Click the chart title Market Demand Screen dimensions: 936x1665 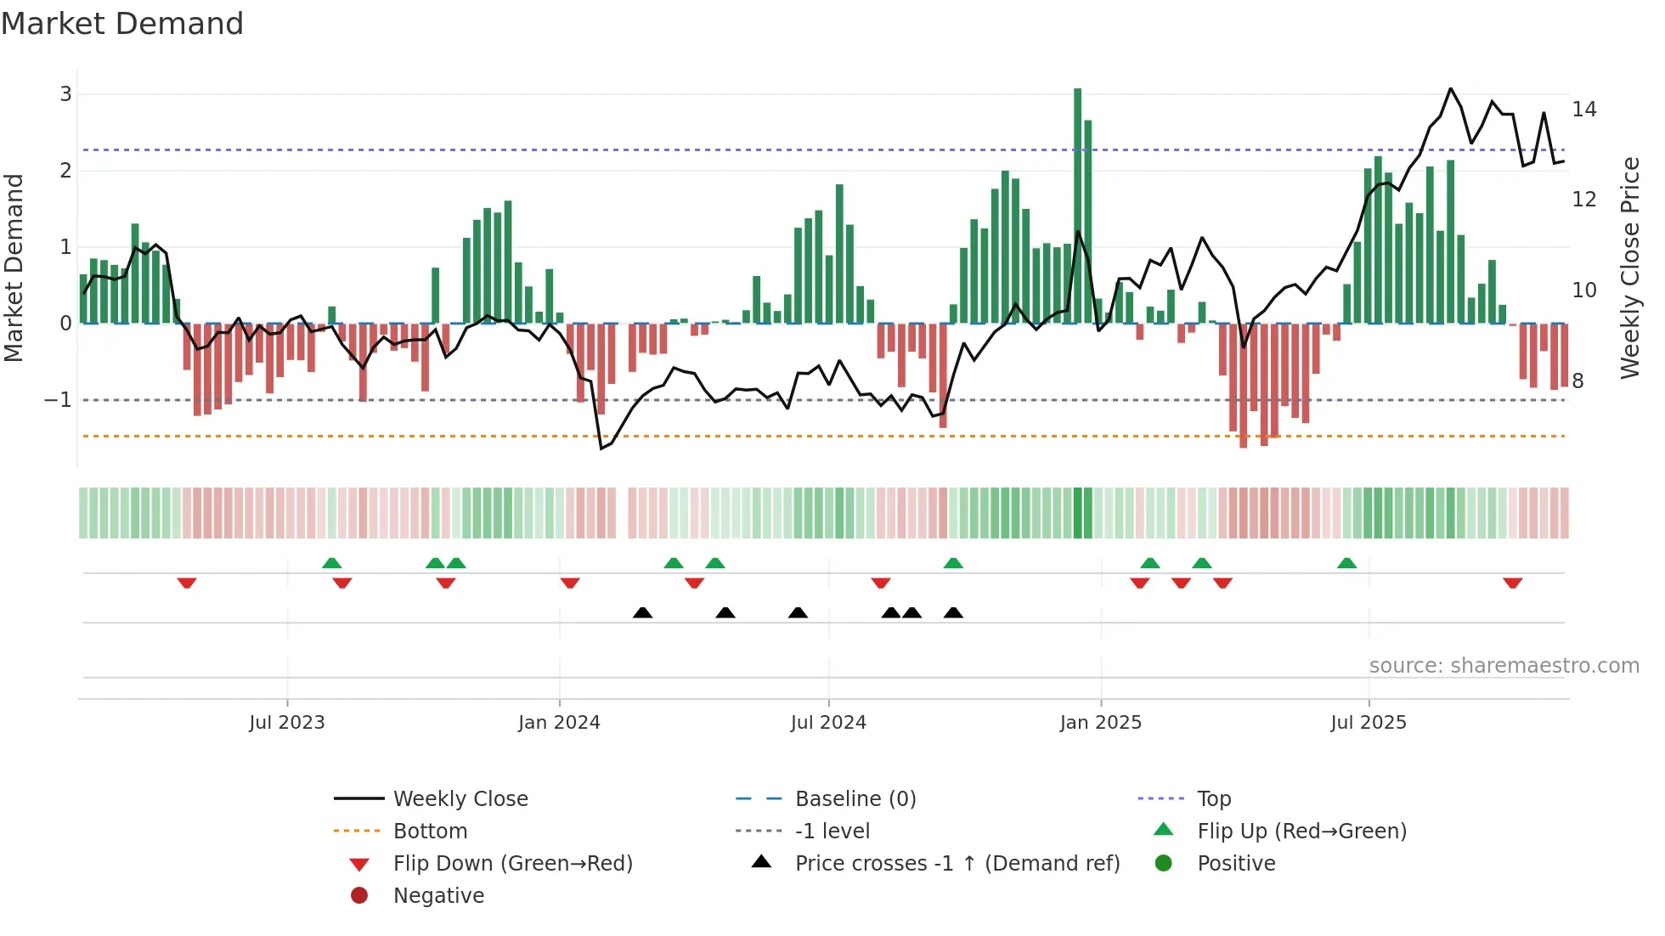pyautogui.click(x=122, y=24)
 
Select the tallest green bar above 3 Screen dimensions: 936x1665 pyautogui.click(x=1077, y=204)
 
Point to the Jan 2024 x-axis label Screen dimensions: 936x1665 pyautogui.click(x=559, y=723)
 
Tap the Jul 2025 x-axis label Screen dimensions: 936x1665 pyautogui.click(x=1369, y=723)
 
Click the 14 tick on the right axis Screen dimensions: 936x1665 pyautogui.click(x=1583, y=110)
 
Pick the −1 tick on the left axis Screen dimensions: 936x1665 pyautogui.click(x=58, y=400)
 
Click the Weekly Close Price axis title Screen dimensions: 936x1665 pyautogui.click(x=1629, y=268)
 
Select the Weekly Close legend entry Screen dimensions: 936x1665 pyautogui.click(x=460, y=799)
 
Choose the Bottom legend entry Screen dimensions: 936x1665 pyautogui.click(x=430, y=832)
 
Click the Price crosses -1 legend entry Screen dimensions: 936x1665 pyautogui.click(x=957, y=864)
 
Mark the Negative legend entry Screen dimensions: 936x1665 pyautogui.click(x=438, y=896)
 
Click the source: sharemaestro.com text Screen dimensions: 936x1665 pyautogui.click(x=1504, y=666)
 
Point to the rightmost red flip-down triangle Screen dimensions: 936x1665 pyautogui.click(x=1512, y=583)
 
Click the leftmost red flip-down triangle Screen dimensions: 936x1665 pyautogui.click(x=187, y=583)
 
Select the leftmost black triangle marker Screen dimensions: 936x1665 pyautogui.click(x=643, y=612)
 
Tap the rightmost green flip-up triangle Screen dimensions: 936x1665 pyautogui.click(x=1346, y=563)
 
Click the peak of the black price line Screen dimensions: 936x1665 pyautogui.click(x=1450, y=89)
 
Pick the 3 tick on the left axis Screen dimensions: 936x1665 pyautogui.click(x=65, y=94)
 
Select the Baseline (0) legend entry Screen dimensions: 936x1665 pyautogui.click(x=855, y=799)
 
